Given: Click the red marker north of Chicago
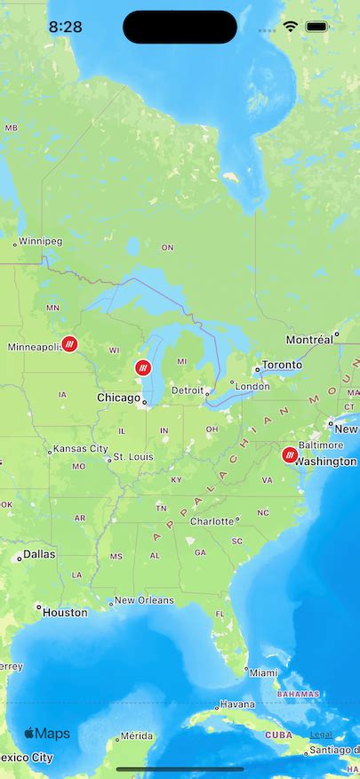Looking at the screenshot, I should point(143,367).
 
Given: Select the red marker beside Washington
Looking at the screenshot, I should point(289,455).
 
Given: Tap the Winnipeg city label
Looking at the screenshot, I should point(40,241).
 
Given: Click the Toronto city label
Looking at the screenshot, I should point(281,365).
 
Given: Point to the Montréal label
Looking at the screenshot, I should point(309,340).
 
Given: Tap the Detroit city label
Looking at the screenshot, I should point(188,390).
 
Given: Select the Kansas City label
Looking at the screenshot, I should point(80,449).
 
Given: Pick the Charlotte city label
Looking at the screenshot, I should point(212,521).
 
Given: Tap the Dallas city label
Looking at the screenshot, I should point(39,554).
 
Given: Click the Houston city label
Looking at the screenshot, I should point(65,612).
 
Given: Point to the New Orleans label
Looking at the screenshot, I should point(144,600).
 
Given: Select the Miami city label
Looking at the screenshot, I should point(263,672).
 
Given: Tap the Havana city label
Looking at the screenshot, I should point(237,703).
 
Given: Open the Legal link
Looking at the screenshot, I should point(321,735).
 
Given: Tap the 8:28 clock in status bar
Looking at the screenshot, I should point(65,28).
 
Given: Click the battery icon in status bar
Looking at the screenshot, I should point(316,28).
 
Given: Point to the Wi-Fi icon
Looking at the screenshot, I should point(290,28).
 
